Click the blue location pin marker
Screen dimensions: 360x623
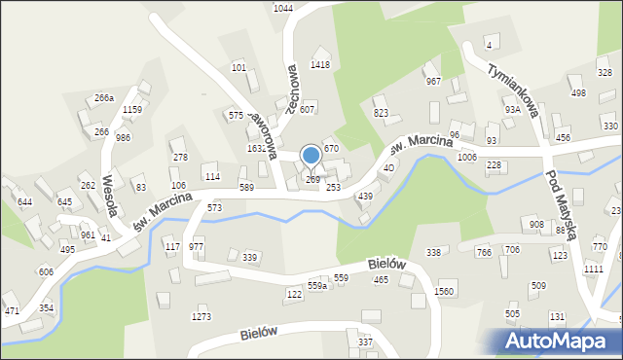click(x=311, y=156)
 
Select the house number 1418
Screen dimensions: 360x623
click(x=320, y=65)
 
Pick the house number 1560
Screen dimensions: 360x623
click(x=445, y=292)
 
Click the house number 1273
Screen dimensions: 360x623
click(x=202, y=317)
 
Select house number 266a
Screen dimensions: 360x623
click(x=104, y=98)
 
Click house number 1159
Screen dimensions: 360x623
click(x=133, y=110)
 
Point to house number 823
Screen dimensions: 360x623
click(x=381, y=114)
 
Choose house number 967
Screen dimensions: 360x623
click(x=433, y=82)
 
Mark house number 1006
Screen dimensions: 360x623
click(x=466, y=157)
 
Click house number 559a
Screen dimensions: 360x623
click(x=316, y=286)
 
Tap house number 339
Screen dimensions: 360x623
click(x=249, y=258)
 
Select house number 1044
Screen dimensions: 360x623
click(x=282, y=8)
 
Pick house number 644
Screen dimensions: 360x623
click(x=24, y=201)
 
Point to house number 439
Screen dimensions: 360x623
click(x=365, y=197)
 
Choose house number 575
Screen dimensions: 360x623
click(x=236, y=116)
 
